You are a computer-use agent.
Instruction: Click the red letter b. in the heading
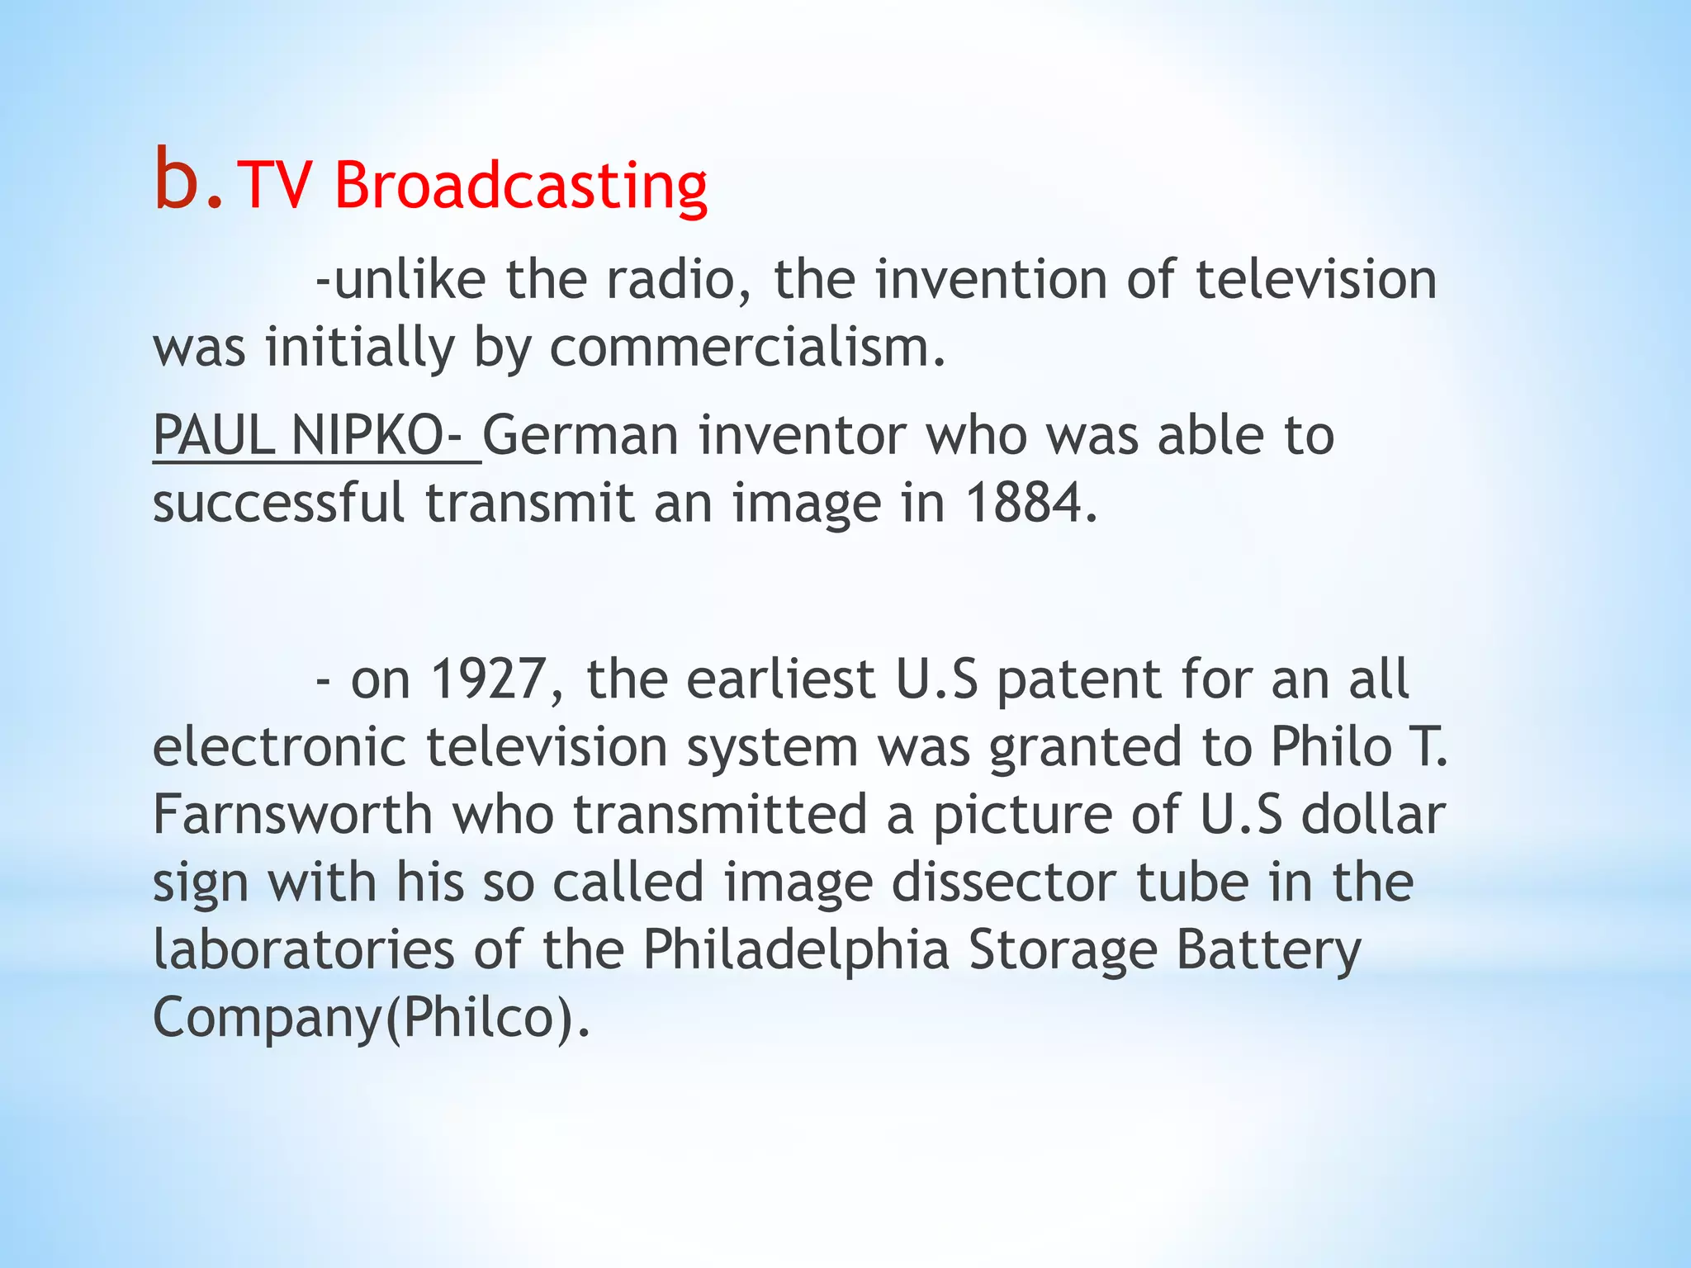tap(187, 181)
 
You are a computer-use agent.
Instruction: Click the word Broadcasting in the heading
tap(521, 186)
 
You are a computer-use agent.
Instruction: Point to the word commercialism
tap(747, 348)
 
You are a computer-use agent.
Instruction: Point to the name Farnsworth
tap(293, 815)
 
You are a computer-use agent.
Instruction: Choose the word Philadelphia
tap(796, 950)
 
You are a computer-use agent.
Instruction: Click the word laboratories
tap(304, 950)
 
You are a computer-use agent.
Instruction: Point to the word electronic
tap(279, 747)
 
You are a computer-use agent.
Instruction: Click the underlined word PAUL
tap(214, 435)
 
